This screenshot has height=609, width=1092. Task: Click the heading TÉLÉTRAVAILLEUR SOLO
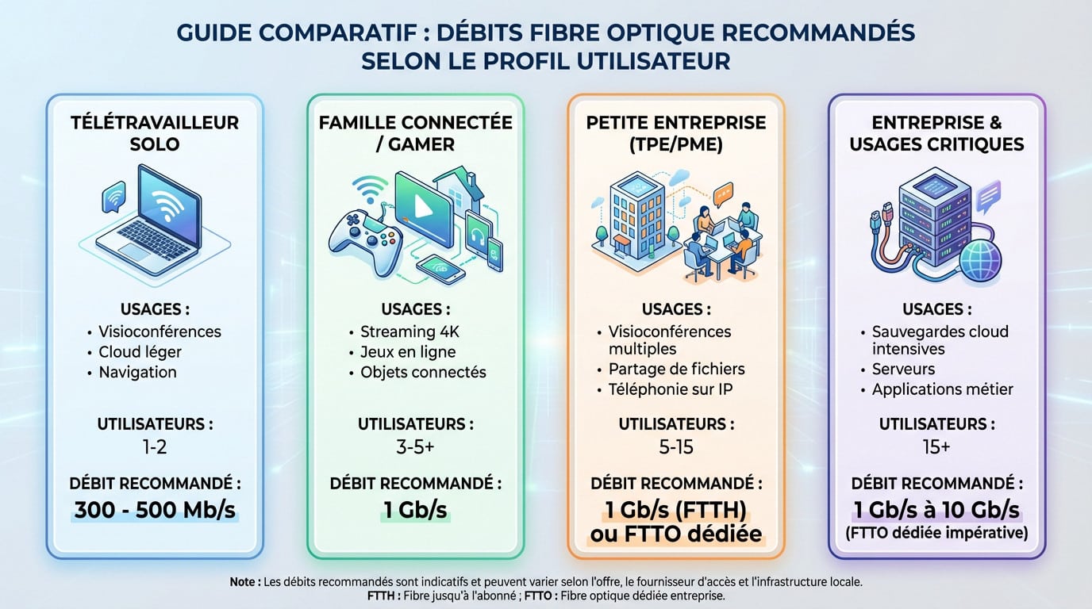pos(155,133)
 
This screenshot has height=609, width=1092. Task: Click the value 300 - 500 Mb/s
pos(155,508)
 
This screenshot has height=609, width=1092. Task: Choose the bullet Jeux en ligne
pos(408,352)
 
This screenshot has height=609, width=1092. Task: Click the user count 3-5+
pos(415,447)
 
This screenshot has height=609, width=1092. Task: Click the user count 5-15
pos(676,447)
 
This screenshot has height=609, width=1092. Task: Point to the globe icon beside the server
pos(980,258)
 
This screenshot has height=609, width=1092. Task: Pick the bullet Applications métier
pos(942,389)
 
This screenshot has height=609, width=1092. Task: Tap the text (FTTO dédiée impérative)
pos(936,533)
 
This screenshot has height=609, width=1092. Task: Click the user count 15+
pos(936,447)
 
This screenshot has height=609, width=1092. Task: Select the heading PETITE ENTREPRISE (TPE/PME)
pos(676,133)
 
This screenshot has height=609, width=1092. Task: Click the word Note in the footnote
pos(244,582)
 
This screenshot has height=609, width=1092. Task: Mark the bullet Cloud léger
pos(140,352)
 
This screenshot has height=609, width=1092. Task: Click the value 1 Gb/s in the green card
pos(415,508)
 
